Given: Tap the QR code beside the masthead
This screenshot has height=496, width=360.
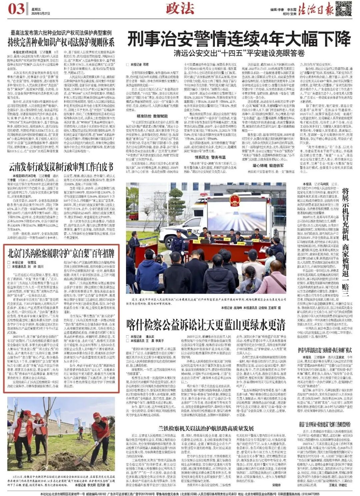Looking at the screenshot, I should point(343,9).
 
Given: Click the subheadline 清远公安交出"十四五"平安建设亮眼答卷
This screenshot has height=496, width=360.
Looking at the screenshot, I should point(239,53).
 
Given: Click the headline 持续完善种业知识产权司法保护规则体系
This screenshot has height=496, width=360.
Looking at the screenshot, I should point(61,42).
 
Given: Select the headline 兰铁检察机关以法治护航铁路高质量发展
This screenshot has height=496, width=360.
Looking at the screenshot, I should point(206,428).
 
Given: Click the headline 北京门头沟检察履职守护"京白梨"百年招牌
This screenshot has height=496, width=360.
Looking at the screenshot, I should point(61,253).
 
